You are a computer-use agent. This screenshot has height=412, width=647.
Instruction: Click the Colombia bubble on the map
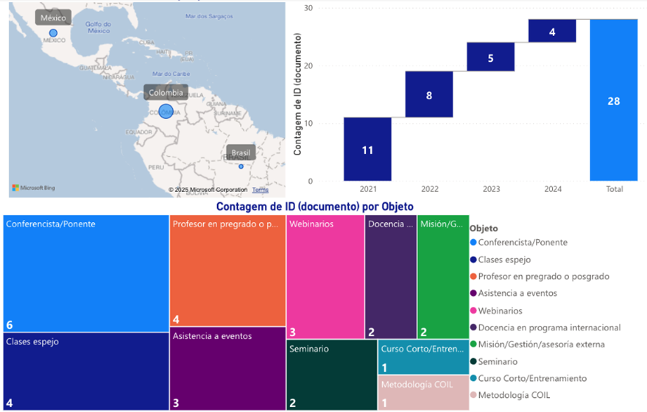point(166,111)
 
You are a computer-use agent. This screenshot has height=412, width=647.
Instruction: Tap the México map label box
point(53,18)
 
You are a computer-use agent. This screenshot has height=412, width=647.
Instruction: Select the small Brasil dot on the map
point(241,166)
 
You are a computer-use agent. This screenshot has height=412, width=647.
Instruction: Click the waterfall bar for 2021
point(367,149)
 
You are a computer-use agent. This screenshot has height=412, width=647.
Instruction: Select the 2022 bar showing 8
point(428,94)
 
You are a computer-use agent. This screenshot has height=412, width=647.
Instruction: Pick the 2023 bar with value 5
point(490,57)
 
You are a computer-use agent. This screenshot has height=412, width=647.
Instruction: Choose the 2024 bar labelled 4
point(552,31)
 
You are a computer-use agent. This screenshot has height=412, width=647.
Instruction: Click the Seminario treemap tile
point(331,375)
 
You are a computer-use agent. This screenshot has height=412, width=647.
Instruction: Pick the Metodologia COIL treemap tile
point(423,393)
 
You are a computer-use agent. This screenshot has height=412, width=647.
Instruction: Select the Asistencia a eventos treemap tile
point(227,369)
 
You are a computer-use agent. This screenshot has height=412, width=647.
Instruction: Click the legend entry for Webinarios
point(501,310)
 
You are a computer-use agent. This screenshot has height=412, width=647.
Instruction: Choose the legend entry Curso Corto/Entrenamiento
point(531,378)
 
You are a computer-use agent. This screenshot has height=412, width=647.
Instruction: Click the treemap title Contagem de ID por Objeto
point(314,207)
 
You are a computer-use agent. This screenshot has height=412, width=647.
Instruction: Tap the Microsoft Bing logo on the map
point(33,188)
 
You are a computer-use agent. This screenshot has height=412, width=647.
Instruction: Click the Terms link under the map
point(260,190)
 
